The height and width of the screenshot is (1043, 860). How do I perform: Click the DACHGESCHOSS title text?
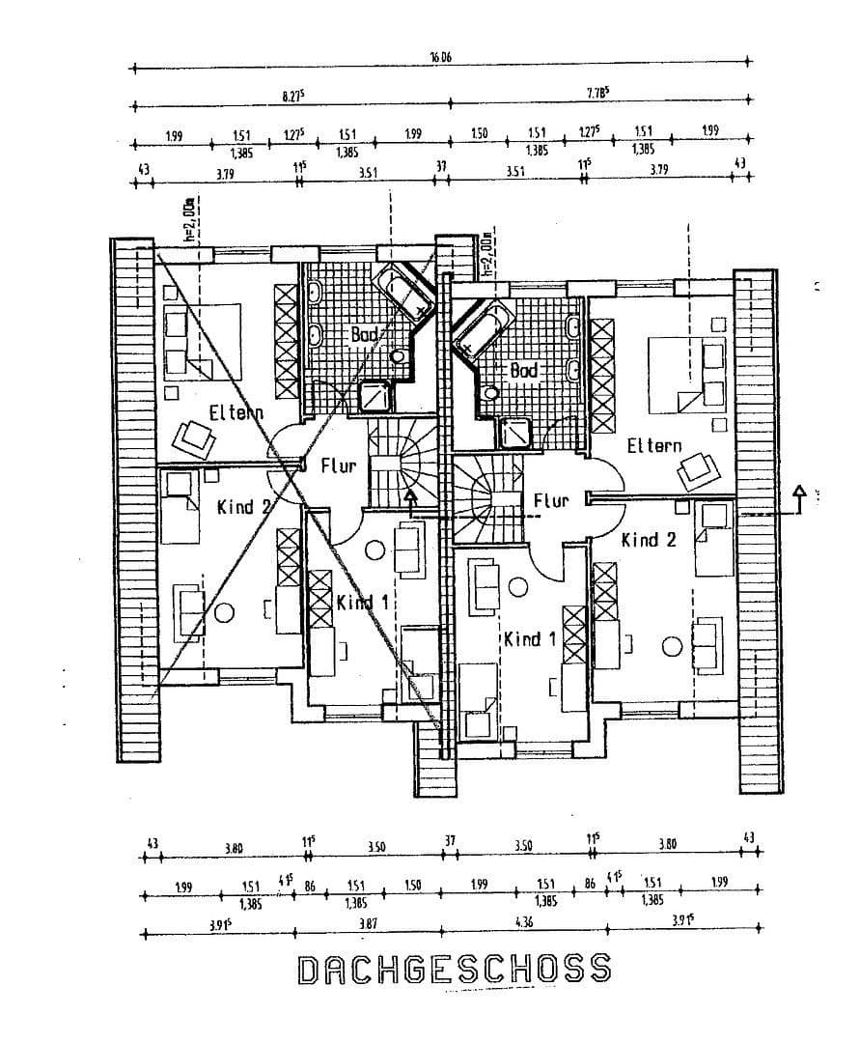[x=454, y=969]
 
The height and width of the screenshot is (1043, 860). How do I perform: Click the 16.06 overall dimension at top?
[x=440, y=57]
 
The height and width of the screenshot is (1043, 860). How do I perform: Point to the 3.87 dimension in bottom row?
[x=367, y=923]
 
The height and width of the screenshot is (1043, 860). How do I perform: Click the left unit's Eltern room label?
[x=236, y=413]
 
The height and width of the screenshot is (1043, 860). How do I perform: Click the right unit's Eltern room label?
[x=653, y=446]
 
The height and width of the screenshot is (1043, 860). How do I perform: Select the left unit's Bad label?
[x=365, y=334]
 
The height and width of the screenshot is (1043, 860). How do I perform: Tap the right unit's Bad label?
[x=522, y=371]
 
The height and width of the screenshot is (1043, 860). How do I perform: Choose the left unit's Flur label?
[x=338, y=466]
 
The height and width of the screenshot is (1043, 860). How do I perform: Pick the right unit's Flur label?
[x=550, y=500]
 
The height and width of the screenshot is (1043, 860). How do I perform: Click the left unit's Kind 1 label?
[x=362, y=603]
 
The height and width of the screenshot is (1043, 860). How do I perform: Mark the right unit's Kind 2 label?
[x=648, y=540]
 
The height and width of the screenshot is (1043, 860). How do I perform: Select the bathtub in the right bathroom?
[x=481, y=327]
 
